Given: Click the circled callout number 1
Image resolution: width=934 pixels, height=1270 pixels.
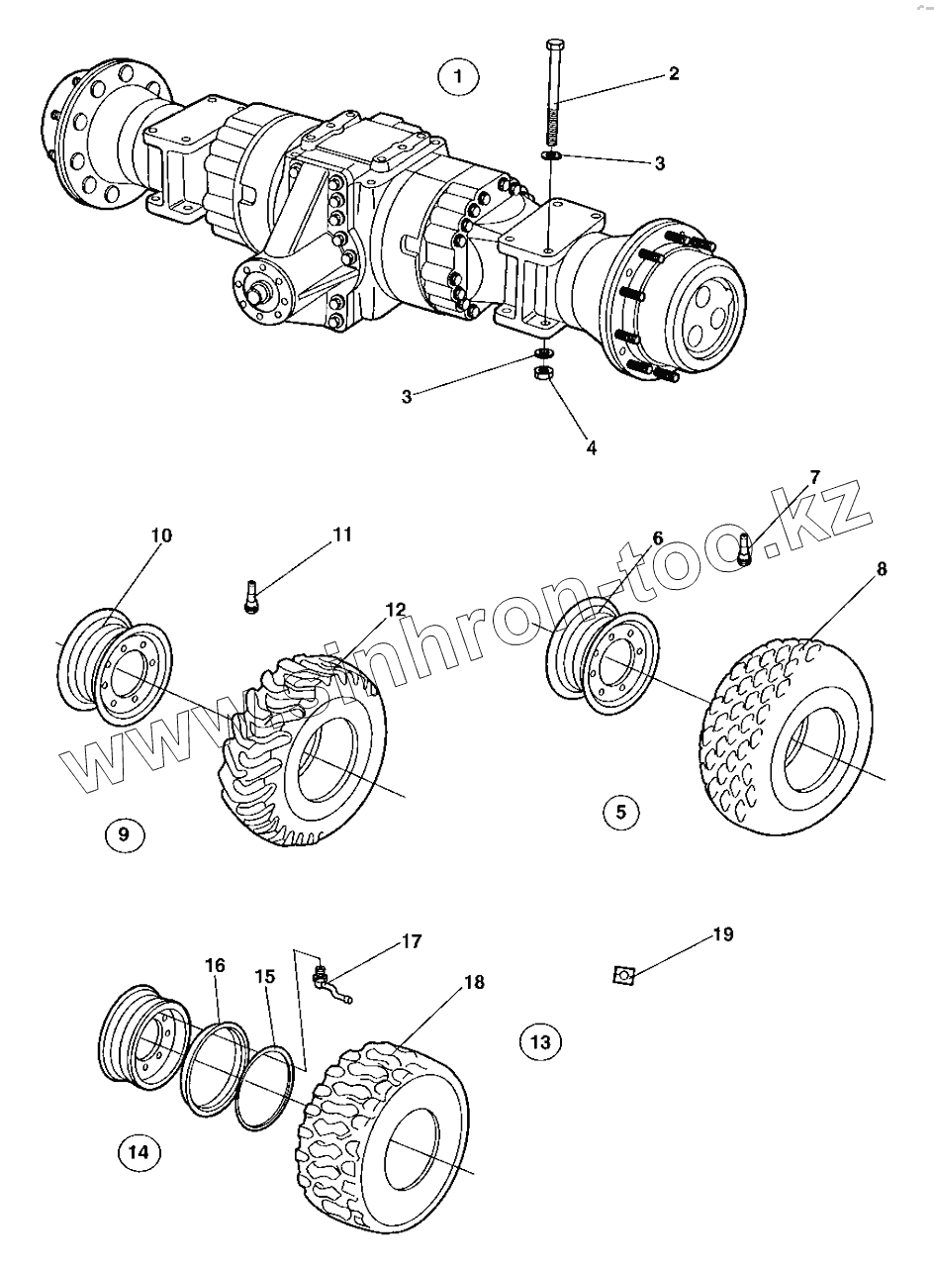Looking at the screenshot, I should pyautogui.click(x=457, y=76).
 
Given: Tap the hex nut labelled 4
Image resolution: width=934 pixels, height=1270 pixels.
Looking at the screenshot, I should pyautogui.click(x=542, y=374).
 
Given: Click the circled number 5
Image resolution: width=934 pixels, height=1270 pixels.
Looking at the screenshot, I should pyautogui.click(x=621, y=813).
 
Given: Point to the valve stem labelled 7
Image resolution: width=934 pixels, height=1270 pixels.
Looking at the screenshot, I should pyautogui.click(x=747, y=549).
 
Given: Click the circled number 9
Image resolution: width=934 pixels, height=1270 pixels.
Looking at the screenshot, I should pyautogui.click(x=124, y=833).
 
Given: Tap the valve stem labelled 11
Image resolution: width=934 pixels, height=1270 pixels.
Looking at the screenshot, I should pyautogui.click(x=250, y=598).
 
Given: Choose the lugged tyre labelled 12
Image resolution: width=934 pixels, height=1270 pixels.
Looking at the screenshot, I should pyautogui.click(x=297, y=752).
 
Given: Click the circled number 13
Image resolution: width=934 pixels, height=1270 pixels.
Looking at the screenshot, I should pyautogui.click(x=540, y=1040).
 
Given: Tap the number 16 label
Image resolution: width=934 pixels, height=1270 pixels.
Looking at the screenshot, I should pyautogui.click(x=215, y=965).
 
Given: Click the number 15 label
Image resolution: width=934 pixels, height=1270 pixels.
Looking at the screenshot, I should pyautogui.click(x=263, y=975).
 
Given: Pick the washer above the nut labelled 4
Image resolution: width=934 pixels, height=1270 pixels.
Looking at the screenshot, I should pyautogui.click(x=543, y=353).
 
